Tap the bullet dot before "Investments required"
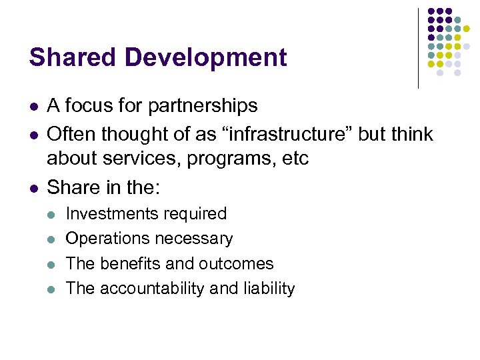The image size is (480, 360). pyautogui.click(x=52, y=215)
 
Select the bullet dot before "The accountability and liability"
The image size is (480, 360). pyautogui.click(x=52, y=289)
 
